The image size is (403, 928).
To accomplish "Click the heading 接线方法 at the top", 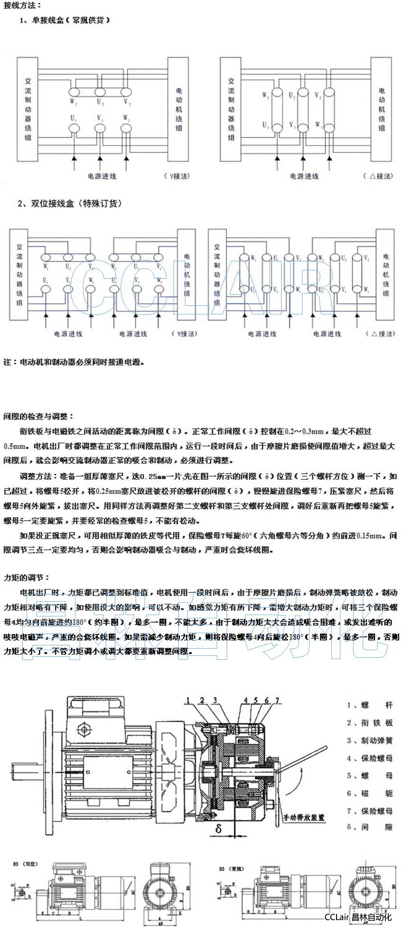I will tap(23, 6).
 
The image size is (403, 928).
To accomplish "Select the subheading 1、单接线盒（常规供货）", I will tap(65, 20).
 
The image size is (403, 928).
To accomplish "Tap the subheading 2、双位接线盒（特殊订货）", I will tap(70, 203).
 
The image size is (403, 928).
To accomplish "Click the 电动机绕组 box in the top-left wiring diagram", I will tap(179, 109).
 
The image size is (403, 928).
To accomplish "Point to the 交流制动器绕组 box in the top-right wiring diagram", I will tap(231, 109).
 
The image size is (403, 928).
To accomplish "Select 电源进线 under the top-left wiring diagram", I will tap(101, 176).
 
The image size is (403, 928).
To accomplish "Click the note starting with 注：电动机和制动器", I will tap(73, 362).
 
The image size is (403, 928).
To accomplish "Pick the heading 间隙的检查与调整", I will tap(38, 416).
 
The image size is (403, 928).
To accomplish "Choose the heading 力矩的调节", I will tap(27, 578).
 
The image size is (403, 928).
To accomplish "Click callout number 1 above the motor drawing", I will tap(188, 700).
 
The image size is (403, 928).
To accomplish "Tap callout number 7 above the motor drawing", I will tap(277, 700).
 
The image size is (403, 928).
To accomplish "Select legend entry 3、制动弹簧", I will tap(369, 741).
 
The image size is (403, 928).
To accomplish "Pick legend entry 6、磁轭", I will tap(369, 793).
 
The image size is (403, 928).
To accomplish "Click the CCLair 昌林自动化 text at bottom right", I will tap(358, 917).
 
